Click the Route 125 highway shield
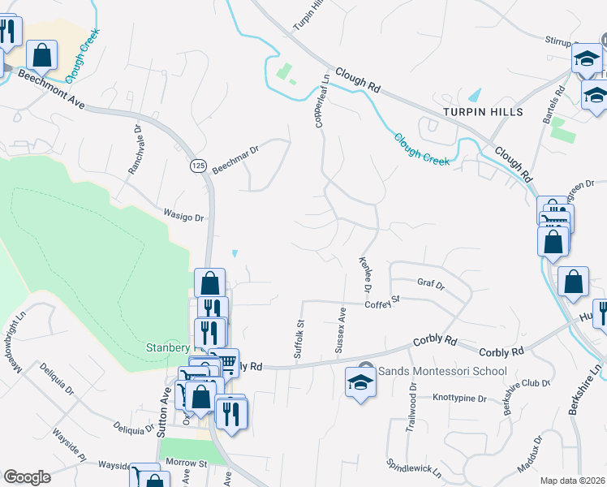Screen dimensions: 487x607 point(197,166)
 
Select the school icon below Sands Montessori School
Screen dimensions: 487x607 point(360,382)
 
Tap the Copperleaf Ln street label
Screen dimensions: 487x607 point(320,101)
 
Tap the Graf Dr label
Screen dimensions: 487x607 point(431,285)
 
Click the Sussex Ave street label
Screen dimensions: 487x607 point(341,330)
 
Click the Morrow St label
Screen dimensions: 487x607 point(187,464)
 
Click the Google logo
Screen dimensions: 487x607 point(28,476)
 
